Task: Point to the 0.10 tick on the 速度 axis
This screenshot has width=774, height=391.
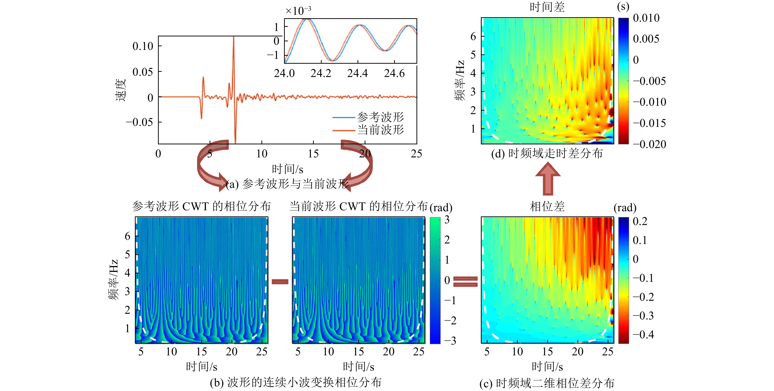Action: tap(143, 46)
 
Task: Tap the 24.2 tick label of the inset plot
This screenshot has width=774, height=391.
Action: tap(321, 73)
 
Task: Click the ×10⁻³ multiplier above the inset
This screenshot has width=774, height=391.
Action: tap(298, 11)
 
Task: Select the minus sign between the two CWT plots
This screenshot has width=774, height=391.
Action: tap(280, 282)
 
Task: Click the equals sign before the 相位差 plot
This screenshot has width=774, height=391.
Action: tap(465, 282)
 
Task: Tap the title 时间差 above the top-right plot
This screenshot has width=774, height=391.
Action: tap(547, 7)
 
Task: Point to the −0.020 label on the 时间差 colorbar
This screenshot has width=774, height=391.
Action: tap(650, 144)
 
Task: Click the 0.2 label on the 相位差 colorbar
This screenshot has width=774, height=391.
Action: tap(640, 221)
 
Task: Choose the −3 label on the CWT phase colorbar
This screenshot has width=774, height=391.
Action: tap(450, 341)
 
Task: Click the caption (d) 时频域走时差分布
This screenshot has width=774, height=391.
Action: tap(547, 154)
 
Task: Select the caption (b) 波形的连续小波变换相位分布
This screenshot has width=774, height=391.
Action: tap(296, 382)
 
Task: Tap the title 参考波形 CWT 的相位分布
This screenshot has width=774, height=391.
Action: tap(201, 206)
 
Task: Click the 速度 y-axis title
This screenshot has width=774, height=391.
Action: tap(120, 90)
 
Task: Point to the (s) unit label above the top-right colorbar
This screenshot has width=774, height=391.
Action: tap(623, 7)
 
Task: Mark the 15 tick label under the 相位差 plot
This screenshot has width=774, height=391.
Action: tap(547, 351)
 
